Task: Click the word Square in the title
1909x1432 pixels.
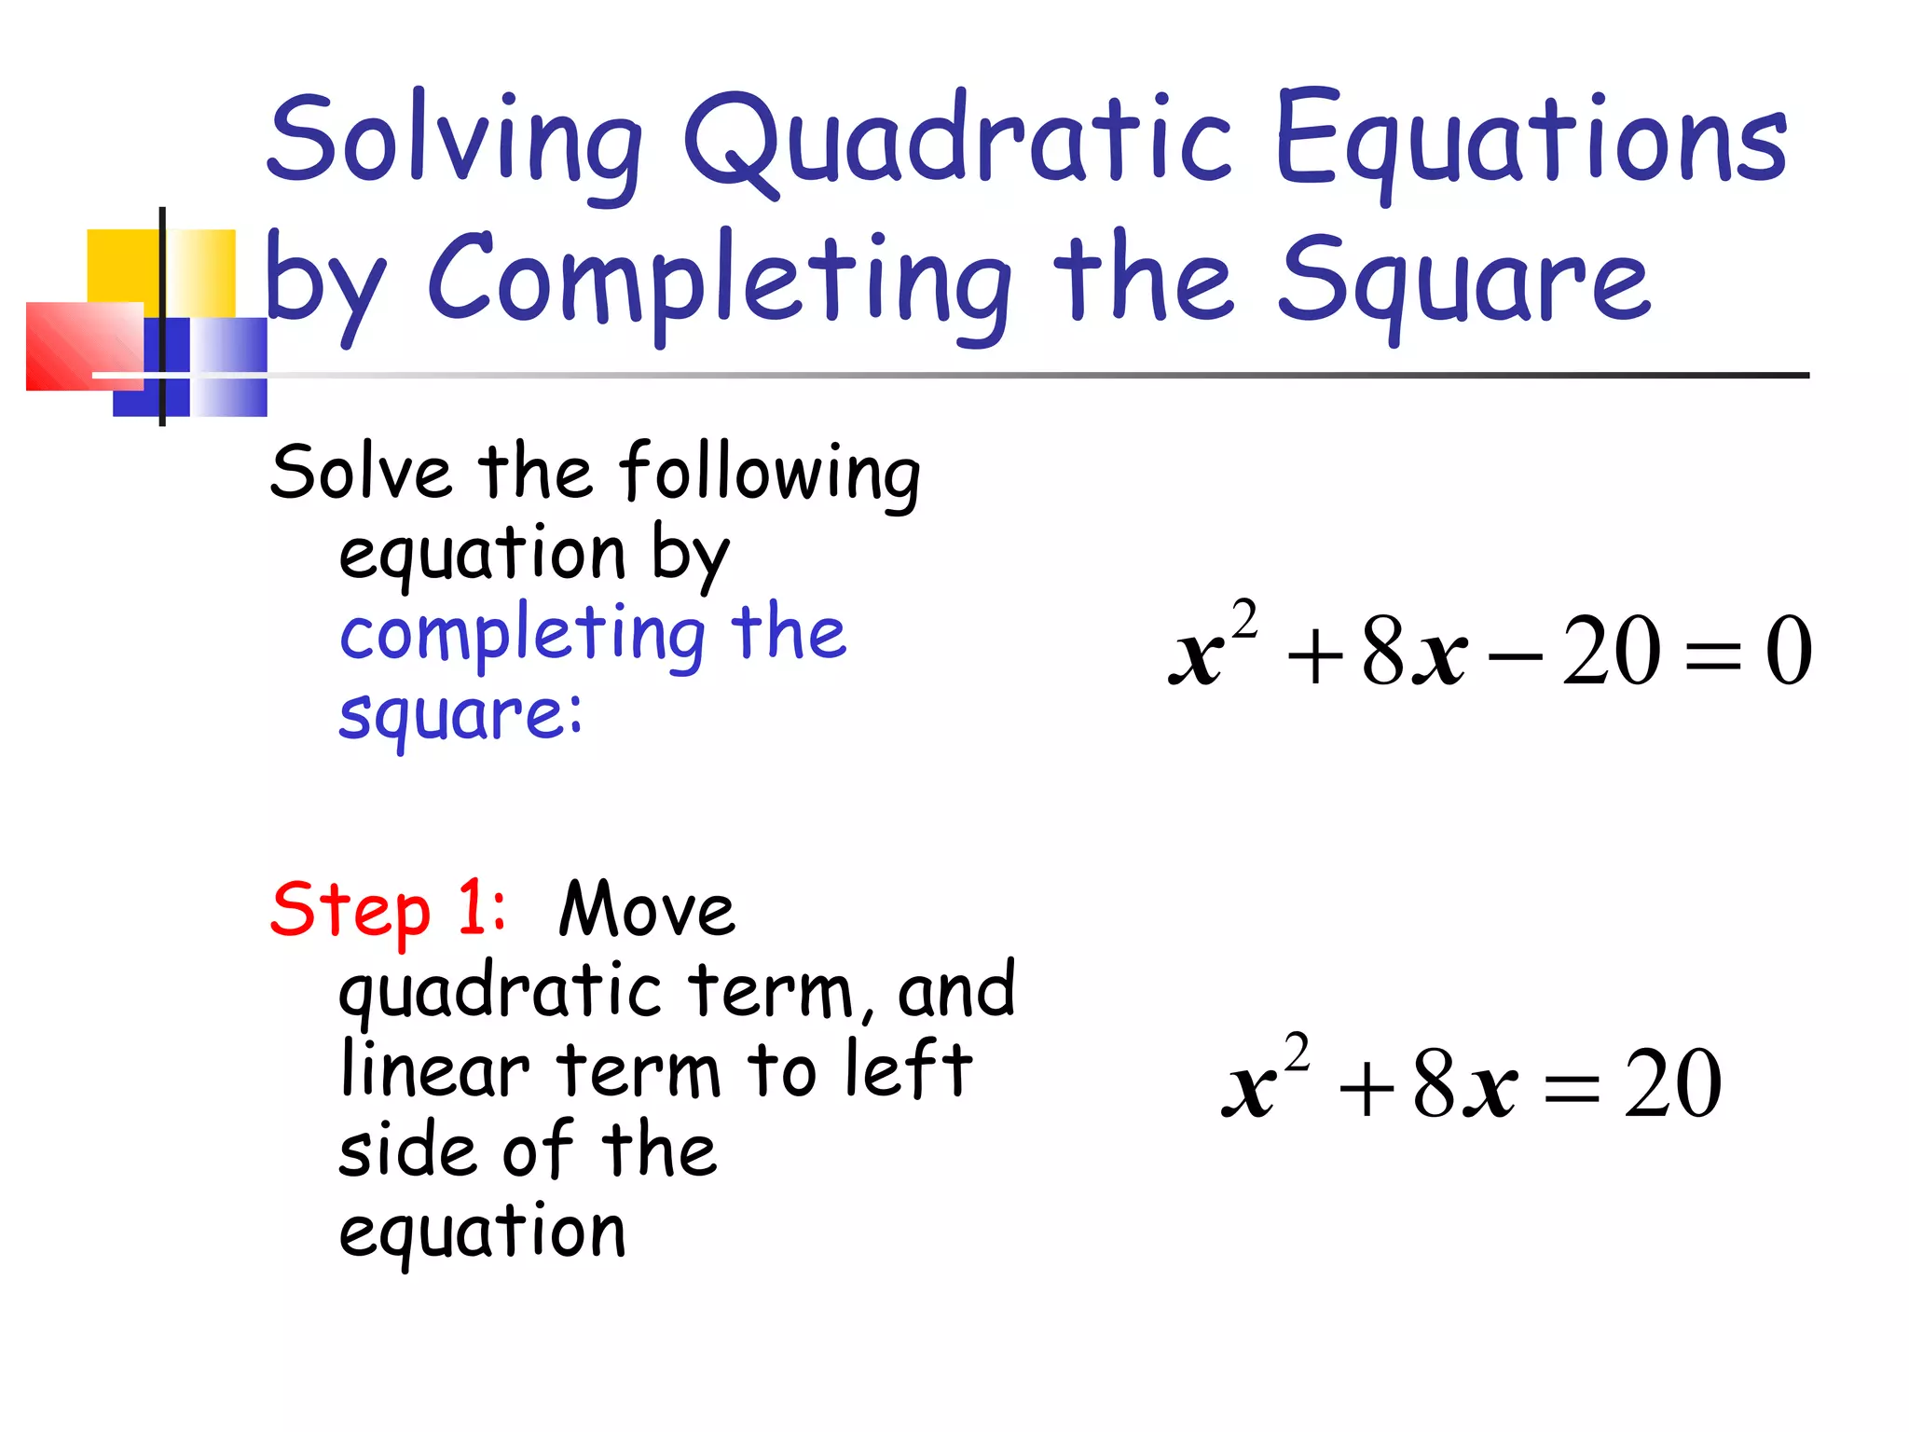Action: (x=1463, y=280)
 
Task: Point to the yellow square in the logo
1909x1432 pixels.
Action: (x=121, y=266)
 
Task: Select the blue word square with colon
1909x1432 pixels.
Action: (x=460, y=716)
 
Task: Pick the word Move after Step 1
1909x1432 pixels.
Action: (x=647, y=909)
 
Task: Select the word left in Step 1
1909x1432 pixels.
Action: (x=908, y=1070)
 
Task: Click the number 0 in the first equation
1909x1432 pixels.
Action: (x=1788, y=652)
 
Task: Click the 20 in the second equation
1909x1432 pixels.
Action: (x=1672, y=1083)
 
